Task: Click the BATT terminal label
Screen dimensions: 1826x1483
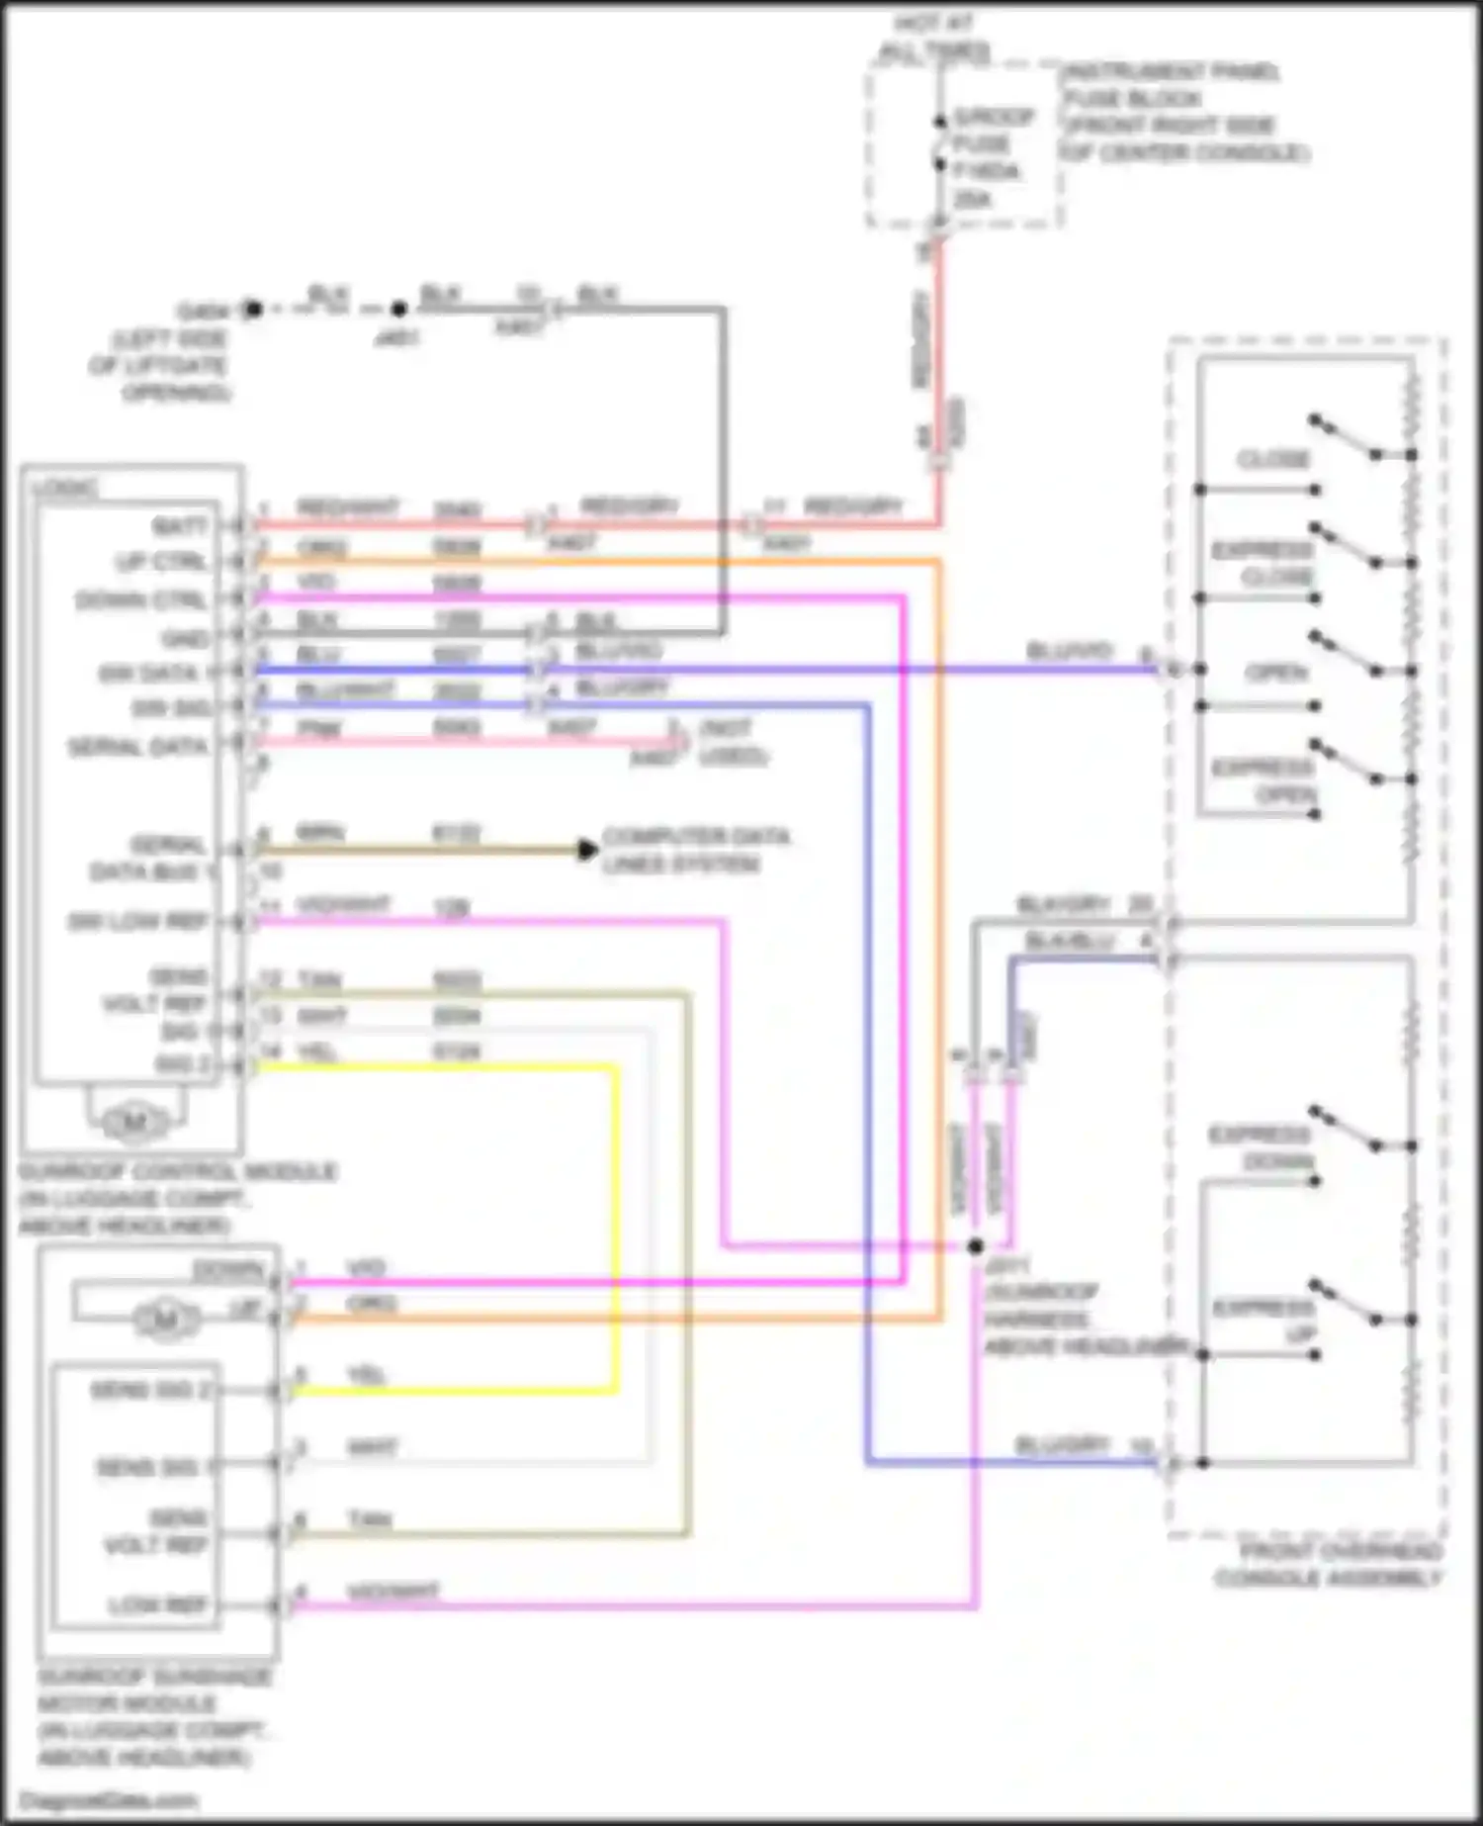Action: coord(180,524)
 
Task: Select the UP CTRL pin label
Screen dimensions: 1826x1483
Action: coord(162,562)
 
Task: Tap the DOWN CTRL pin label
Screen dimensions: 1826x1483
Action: coord(141,599)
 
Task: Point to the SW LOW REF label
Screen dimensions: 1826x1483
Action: coord(137,922)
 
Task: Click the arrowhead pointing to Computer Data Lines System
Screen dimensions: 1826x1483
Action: coord(587,850)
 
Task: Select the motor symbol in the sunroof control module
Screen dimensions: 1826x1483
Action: coord(134,1122)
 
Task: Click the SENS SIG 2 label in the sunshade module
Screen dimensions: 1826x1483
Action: coord(150,1390)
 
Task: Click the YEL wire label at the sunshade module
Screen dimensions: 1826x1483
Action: coord(367,1375)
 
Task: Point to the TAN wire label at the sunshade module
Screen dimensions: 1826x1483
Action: coord(369,1518)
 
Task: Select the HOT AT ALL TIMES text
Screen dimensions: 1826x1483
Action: coord(933,38)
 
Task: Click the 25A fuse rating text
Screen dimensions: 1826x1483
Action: coord(972,200)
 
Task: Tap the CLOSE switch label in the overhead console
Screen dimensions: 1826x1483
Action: coord(1272,460)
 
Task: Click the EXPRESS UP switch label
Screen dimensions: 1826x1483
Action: coord(1265,1322)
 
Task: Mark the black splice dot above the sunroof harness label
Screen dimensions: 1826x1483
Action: coord(976,1245)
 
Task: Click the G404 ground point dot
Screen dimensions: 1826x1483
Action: coord(253,310)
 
